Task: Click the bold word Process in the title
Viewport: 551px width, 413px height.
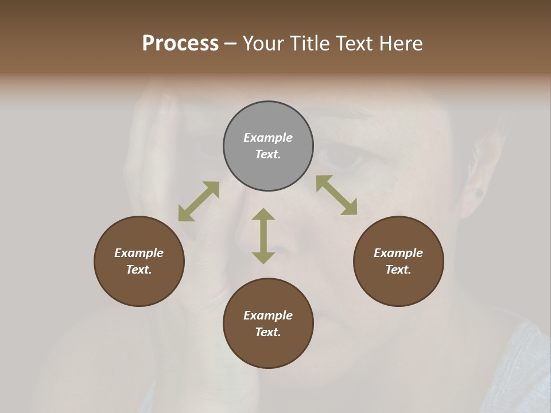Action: pos(180,44)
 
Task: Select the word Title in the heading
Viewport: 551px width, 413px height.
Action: pos(310,44)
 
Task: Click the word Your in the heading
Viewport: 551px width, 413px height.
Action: pos(264,44)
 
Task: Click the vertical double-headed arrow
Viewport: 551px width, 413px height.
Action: pos(263,236)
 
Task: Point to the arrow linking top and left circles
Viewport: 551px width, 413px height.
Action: pos(199,201)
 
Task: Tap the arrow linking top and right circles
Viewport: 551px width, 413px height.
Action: pos(337,195)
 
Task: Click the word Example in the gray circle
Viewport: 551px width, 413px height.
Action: pos(268,138)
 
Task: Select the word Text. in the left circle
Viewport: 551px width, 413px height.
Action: pos(139,270)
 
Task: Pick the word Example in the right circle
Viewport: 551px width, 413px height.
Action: pos(398,253)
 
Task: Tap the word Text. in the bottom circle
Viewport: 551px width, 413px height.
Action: pos(268,332)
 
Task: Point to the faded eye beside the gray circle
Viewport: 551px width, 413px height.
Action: pos(343,156)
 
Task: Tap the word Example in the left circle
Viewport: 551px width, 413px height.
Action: pos(139,253)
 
